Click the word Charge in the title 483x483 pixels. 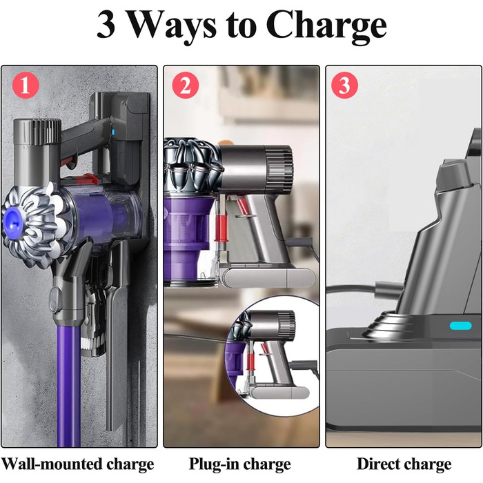tap(326, 26)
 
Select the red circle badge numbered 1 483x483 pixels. tap(26, 86)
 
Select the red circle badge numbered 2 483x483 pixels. tap(184, 86)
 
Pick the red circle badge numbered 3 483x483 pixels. tap(344, 86)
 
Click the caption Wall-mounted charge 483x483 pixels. tap(77, 463)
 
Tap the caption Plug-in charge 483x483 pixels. tap(239, 463)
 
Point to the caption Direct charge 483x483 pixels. tap(403, 463)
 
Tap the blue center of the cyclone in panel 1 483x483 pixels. tap(13, 210)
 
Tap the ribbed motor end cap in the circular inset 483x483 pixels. tap(284, 324)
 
